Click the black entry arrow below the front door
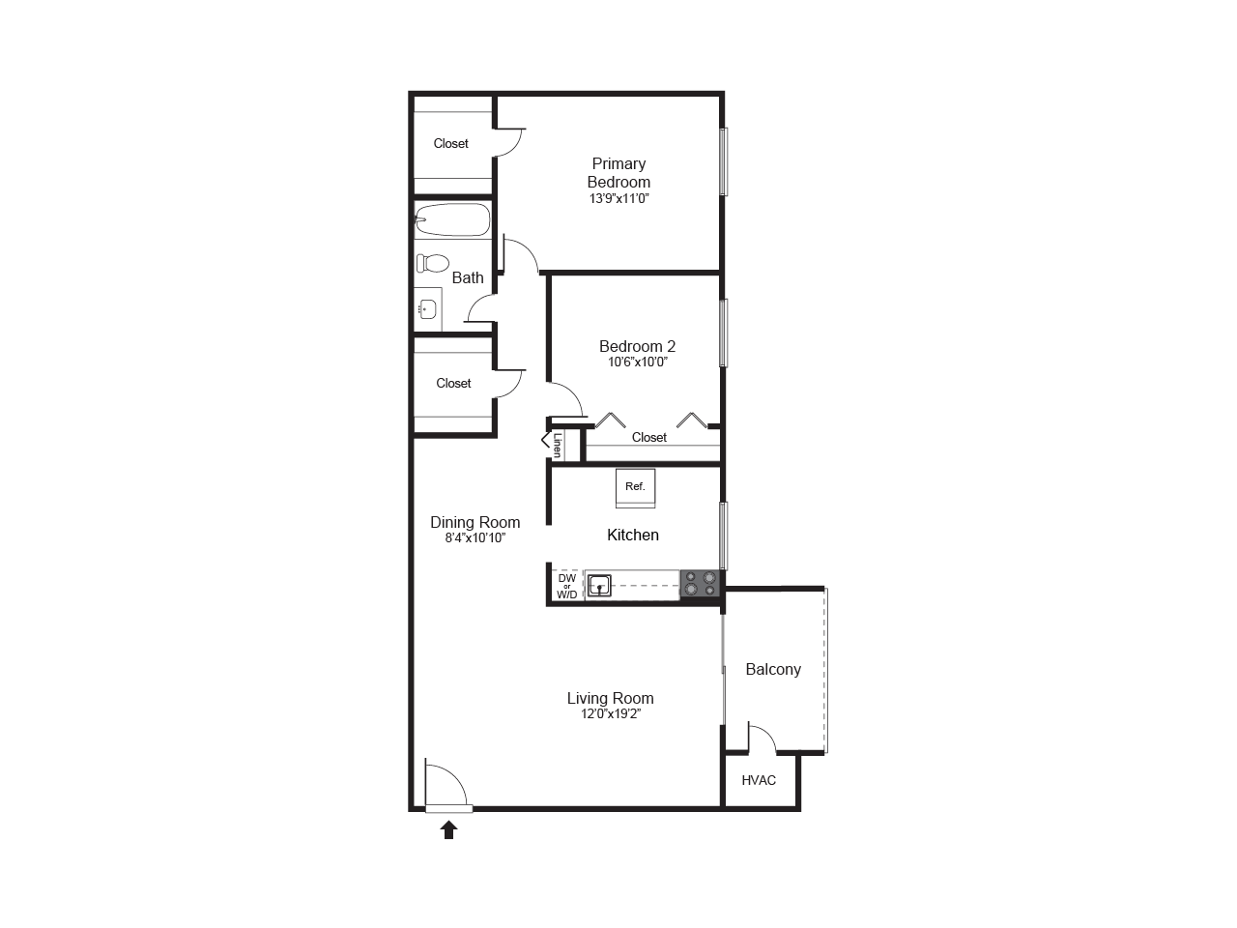[448, 829]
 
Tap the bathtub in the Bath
[452, 220]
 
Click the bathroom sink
[426, 309]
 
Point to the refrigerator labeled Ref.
[635, 487]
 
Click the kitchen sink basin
[599, 585]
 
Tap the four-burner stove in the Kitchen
[701, 584]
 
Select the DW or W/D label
[567, 587]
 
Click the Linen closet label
[558, 445]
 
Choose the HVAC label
[759, 780]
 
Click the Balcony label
[773, 669]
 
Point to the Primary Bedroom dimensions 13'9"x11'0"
[618, 199]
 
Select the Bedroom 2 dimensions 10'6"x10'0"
[638, 362]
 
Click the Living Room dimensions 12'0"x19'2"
[610, 714]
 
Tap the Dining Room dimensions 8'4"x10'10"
[475, 538]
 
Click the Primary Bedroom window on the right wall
[724, 161]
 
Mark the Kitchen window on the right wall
[724, 535]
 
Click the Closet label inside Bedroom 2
[649, 438]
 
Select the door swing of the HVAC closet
[763, 738]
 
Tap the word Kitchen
[633, 535]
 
